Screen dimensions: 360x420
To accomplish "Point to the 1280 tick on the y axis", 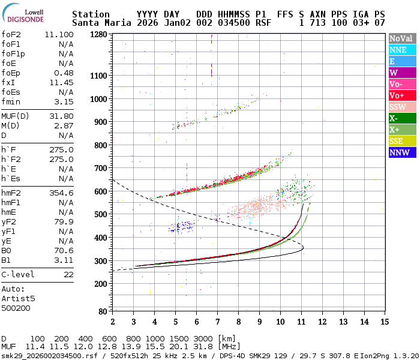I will [98, 35].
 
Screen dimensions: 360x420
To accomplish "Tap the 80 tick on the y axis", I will [102, 311].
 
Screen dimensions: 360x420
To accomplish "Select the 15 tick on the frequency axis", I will [385, 322].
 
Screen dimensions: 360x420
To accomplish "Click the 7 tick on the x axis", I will [217, 322].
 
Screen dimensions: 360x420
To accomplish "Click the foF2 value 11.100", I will [59, 35].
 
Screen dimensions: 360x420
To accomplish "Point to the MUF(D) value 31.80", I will [61, 116].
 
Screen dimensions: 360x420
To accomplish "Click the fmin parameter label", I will [11, 101].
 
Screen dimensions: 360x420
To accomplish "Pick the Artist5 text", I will [19, 298].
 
